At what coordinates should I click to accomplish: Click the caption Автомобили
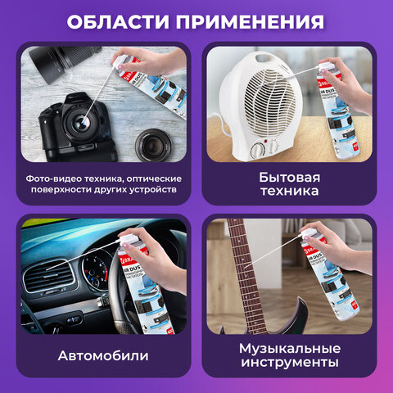pos(103,357)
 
